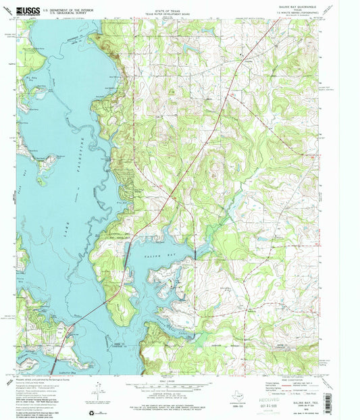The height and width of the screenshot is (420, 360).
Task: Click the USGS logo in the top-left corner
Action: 28,9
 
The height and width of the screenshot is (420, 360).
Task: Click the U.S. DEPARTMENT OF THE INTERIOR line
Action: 68,8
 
